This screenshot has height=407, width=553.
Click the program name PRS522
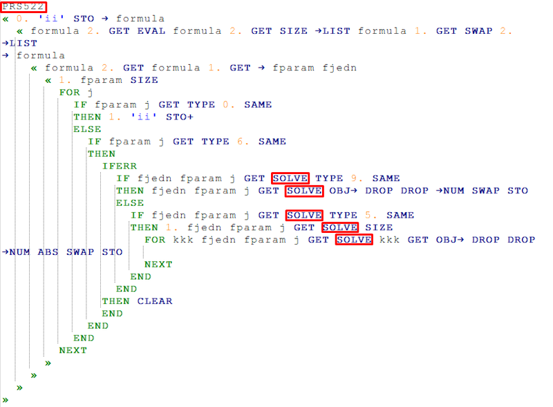click(24, 6)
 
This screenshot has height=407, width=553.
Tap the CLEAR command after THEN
click(155, 301)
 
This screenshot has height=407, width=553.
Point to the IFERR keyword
click(119, 167)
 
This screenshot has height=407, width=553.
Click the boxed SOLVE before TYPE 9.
click(290, 178)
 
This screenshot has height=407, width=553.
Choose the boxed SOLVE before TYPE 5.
click(304, 216)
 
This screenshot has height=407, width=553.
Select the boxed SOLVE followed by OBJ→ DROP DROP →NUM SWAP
click(304, 191)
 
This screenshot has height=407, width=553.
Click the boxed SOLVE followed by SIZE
click(339, 227)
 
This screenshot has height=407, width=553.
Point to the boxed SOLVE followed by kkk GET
click(354, 240)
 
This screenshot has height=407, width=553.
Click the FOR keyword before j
click(69, 93)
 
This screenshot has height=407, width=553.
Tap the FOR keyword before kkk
click(155, 240)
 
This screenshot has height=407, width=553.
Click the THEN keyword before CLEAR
click(115, 301)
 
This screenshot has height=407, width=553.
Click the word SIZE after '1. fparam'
click(144, 80)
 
